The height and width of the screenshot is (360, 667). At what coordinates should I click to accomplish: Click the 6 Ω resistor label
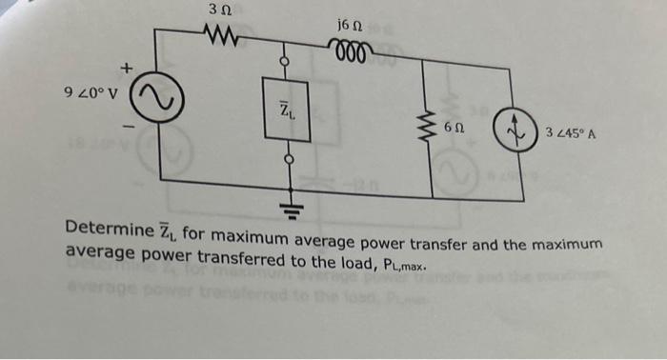[x=454, y=128]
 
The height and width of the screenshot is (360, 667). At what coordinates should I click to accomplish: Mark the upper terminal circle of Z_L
[x=283, y=62]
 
